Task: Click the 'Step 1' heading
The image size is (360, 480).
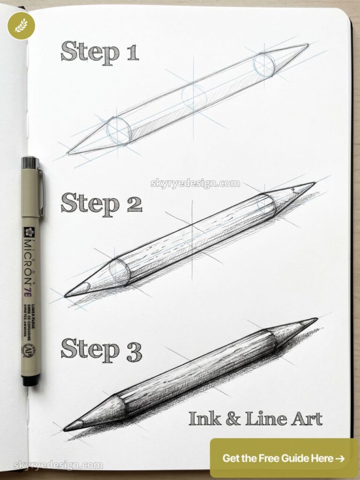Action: coord(99,52)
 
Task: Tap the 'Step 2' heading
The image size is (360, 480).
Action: coord(101,204)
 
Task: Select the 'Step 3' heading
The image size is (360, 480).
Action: coord(101,349)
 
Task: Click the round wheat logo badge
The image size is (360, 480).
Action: coord(21,25)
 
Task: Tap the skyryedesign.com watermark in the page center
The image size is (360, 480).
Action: coord(195,183)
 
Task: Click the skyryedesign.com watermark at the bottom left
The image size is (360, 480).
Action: coord(58,465)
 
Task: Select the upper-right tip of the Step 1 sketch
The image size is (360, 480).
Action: coord(307,45)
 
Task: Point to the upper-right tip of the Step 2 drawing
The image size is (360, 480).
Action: coord(313,183)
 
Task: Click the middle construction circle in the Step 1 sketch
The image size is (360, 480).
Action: coord(194,96)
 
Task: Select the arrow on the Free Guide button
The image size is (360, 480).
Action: coord(340,458)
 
